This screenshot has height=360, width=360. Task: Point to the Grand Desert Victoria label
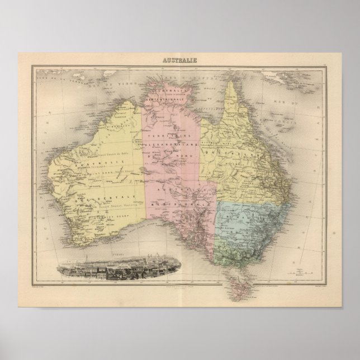(x=112, y=205)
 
